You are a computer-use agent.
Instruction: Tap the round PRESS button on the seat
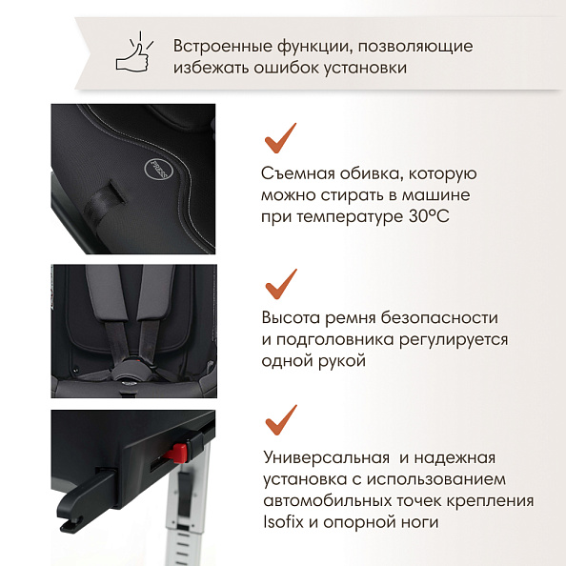[159, 168]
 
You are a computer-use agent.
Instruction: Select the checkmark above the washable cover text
[280, 138]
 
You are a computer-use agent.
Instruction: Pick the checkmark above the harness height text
[281, 284]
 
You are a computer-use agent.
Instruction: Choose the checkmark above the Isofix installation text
[281, 420]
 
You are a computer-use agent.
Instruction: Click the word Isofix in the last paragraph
[283, 522]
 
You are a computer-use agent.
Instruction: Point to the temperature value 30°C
[429, 216]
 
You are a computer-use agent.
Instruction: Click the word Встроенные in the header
[223, 47]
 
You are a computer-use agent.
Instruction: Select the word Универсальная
[326, 457]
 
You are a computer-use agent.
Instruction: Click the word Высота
[292, 318]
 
